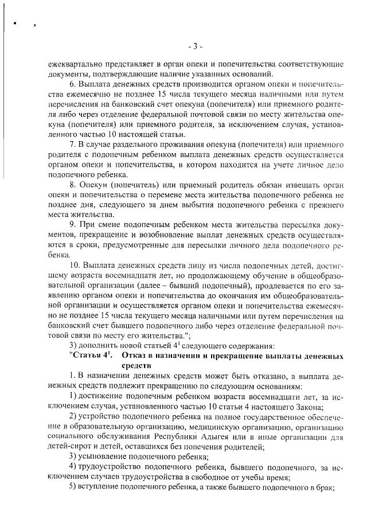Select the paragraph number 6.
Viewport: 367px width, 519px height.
pyautogui.click(x=71, y=84)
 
